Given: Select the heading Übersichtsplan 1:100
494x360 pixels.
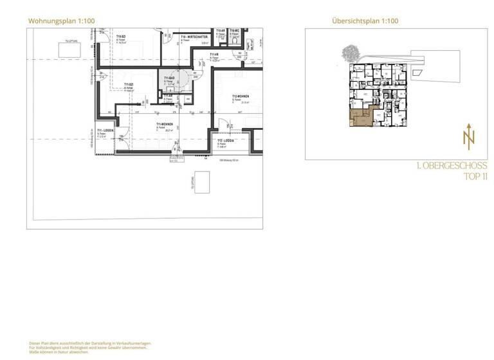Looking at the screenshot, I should coord(365,21).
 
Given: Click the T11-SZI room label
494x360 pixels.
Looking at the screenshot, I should coord(129,85).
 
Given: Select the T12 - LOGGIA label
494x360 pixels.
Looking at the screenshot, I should coord(225,140).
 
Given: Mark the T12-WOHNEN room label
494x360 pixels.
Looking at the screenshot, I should coord(241,96).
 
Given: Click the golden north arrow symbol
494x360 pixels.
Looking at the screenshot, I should coord(468,136).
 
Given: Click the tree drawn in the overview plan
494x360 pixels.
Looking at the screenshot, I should coord(351,52).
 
